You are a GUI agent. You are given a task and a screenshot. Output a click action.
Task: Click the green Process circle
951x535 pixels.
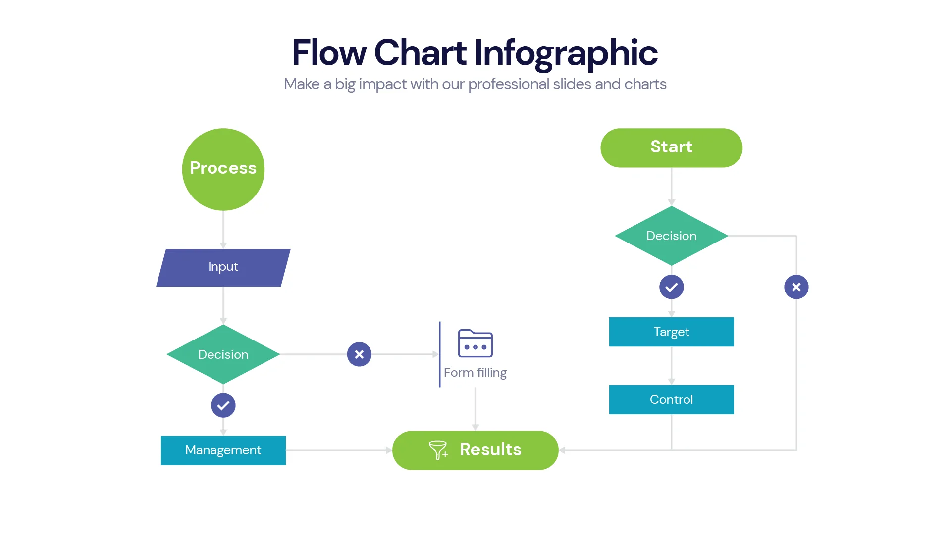[223, 169]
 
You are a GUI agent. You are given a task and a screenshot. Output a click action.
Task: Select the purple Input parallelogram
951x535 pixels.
[223, 267]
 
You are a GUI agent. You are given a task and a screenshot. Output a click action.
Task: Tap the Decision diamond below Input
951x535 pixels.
[223, 354]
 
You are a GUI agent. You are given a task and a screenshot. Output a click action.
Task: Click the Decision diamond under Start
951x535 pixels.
[671, 236]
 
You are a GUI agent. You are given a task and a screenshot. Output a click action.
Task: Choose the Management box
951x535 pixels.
[223, 450]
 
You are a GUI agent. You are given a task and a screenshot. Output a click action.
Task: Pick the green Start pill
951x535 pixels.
[671, 147]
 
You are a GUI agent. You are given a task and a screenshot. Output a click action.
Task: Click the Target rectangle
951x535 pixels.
[671, 332]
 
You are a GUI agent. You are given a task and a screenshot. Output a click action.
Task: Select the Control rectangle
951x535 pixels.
[671, 399]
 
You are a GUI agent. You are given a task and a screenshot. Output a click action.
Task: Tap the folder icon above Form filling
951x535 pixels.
[475, 343]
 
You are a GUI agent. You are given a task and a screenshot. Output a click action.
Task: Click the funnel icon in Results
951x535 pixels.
[438, 450]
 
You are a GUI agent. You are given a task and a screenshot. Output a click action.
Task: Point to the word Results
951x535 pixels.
[490, 449]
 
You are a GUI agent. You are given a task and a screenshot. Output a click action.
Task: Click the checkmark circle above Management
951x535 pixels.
[223, 405]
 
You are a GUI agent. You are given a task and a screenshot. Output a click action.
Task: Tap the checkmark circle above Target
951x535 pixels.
[671, 287]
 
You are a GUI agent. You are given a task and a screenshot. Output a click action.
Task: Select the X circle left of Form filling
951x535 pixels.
[359, 354]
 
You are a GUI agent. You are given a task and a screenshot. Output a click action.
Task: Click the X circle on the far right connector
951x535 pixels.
[796, 287]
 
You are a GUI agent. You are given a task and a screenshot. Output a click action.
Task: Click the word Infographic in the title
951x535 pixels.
[566, 52]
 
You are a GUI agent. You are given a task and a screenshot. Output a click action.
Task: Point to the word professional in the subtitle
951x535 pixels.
[508, 84]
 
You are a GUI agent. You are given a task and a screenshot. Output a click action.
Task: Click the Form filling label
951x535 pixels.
[475, 373]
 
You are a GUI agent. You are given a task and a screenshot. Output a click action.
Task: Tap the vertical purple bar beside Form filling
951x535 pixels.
[439, 354]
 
